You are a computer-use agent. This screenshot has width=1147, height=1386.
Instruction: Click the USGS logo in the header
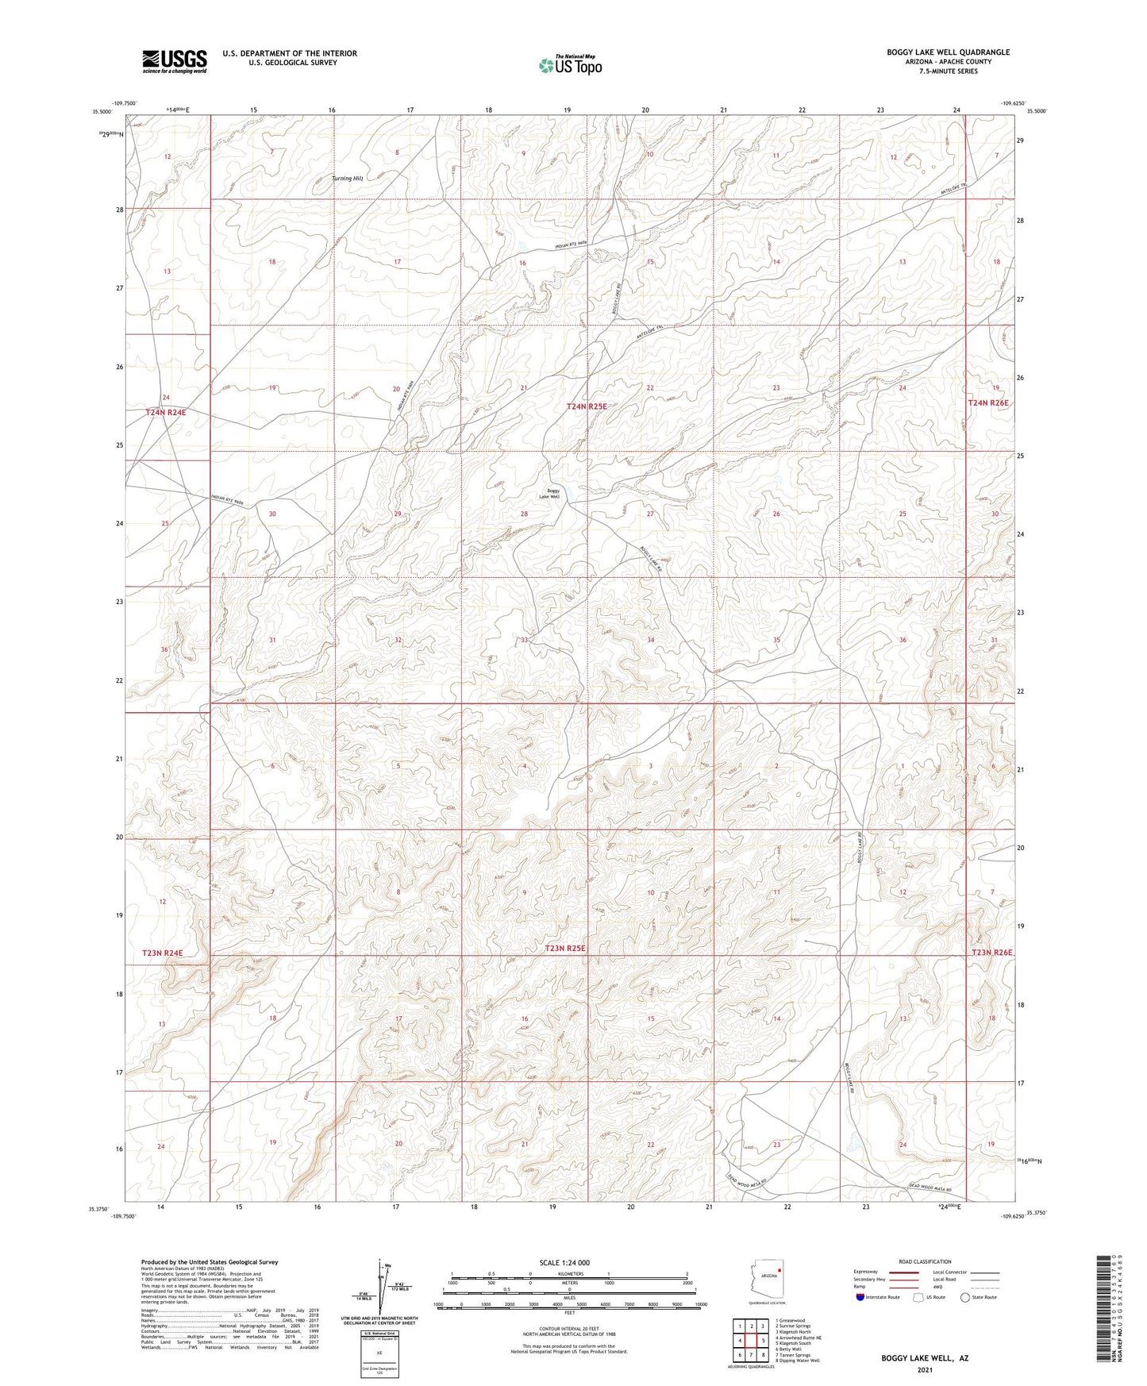tap(175, 61)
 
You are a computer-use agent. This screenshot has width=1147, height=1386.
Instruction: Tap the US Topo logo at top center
tap(569, 65)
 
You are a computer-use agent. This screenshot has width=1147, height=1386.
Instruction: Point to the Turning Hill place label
tap(348, 179)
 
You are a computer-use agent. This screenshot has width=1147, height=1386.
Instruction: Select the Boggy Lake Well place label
tap(552, 494)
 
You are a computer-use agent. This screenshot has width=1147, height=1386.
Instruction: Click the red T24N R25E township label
tap(587, 406)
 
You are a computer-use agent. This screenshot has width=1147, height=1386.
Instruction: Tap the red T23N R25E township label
tap(565, 949)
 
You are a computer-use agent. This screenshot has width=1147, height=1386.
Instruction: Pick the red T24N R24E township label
tap(166, 413)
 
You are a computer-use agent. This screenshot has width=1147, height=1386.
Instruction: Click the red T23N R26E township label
tap(993, 953)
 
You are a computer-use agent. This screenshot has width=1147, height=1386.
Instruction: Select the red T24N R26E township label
tap(988, 403)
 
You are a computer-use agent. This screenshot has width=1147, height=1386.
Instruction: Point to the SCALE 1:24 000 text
tap(564, 1263)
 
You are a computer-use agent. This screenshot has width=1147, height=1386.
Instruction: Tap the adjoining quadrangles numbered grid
tap(751, 1340)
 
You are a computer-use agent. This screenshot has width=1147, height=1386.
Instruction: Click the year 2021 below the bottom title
tap(924, 1369)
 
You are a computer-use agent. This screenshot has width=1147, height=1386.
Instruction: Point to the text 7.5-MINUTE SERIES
tap(948, 71)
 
